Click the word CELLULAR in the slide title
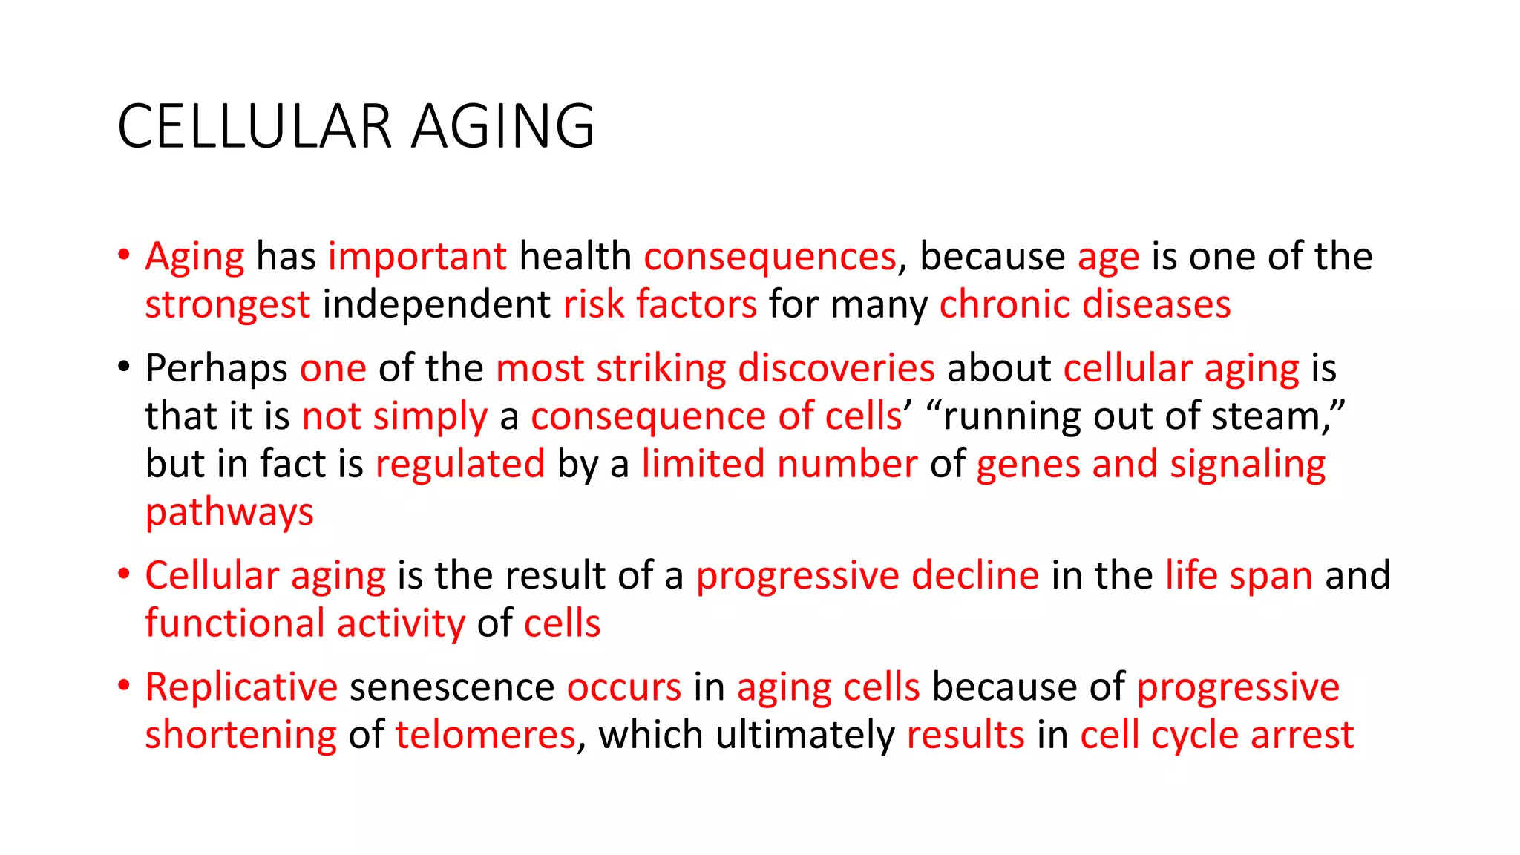click(x=254, y=126)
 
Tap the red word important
click(x=417, y=257)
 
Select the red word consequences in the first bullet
click(x=770, y=257)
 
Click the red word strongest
click(x=227, y=305)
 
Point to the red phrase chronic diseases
click(x=1084, y=305)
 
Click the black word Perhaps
click(x=216, y=369)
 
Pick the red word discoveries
click(x=836, y=368)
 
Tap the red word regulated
click(x=460, y=465)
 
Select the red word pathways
click(x=229, y=513)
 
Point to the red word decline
click(x=974, y=576)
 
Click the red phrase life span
click(x=1239, y=576)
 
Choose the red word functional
click(x=235, y=623)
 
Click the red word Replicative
click(x=241, y=687)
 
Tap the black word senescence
click(x=452, y=687)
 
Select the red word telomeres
click(x=485, y=736)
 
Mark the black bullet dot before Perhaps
click(x=123, y=367)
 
